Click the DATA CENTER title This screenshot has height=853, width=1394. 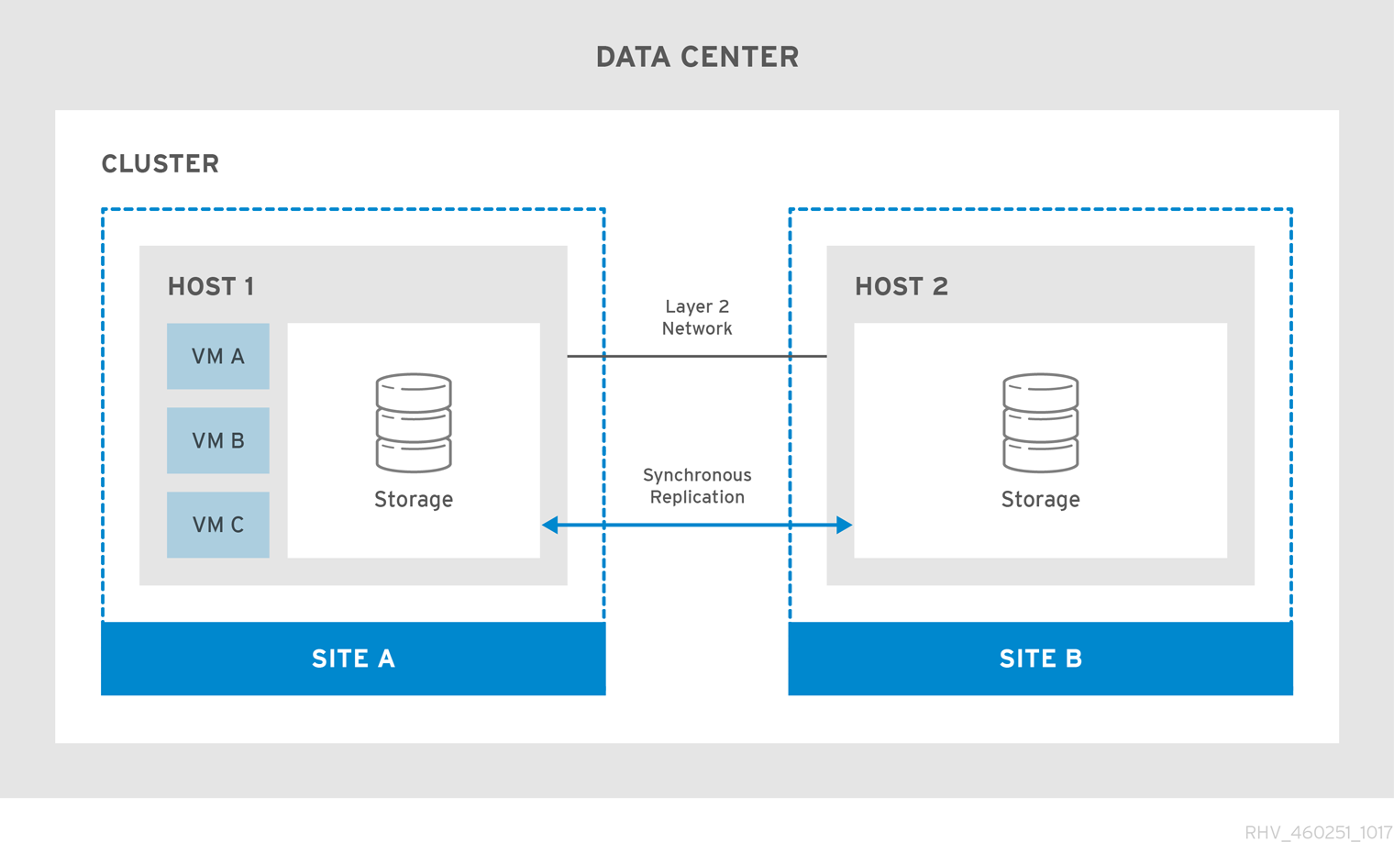click(697, 57)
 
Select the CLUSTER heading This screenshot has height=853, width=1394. click(160, 164)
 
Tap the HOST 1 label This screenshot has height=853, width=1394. click(211, 287)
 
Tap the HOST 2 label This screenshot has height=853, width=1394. click(901, 287)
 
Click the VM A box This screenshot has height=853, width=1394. click(218, 356)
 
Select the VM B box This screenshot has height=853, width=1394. click(218, 440)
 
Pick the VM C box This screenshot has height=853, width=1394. click(218, 525)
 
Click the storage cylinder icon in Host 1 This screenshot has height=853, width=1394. click(414, 423)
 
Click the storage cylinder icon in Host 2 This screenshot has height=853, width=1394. click(1040, 423)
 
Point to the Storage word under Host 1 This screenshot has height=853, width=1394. click(414, 500)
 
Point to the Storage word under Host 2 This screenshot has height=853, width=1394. click(1040, 500)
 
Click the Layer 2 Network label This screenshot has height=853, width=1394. click(697, 317)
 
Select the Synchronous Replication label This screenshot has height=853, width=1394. click(697, 486)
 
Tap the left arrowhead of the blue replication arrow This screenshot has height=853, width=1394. click(550, 525)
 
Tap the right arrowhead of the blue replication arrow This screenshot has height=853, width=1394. click(844, 525)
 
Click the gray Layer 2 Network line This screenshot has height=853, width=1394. click(697, 356)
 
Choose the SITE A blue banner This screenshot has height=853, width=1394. click(353, 659)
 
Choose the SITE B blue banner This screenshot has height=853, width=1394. click(1040, 659)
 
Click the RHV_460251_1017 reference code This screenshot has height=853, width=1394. click(1318, 833)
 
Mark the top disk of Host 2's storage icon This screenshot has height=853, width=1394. click(1040, 391)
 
